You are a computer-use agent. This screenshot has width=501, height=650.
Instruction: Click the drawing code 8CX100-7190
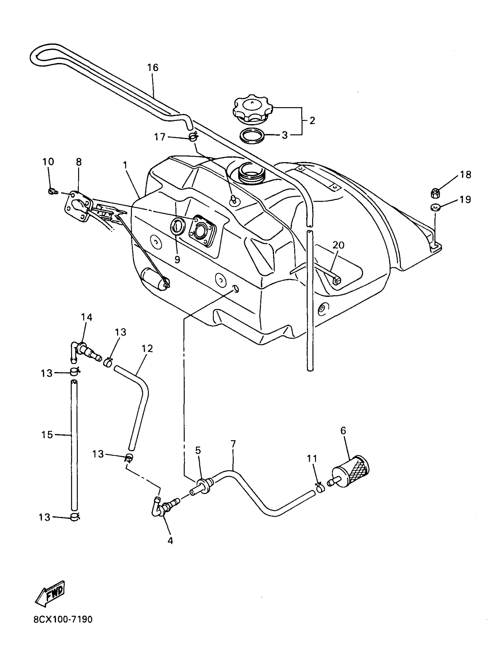[x=63, y=628]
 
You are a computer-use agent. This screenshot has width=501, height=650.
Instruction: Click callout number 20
[x=338, y=245]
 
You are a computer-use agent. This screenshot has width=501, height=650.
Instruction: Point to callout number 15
[x=47, y=435]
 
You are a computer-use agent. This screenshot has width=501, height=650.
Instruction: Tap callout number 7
[x=233, y=444]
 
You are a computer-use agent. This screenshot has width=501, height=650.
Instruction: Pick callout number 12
[x=147, y=349]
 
